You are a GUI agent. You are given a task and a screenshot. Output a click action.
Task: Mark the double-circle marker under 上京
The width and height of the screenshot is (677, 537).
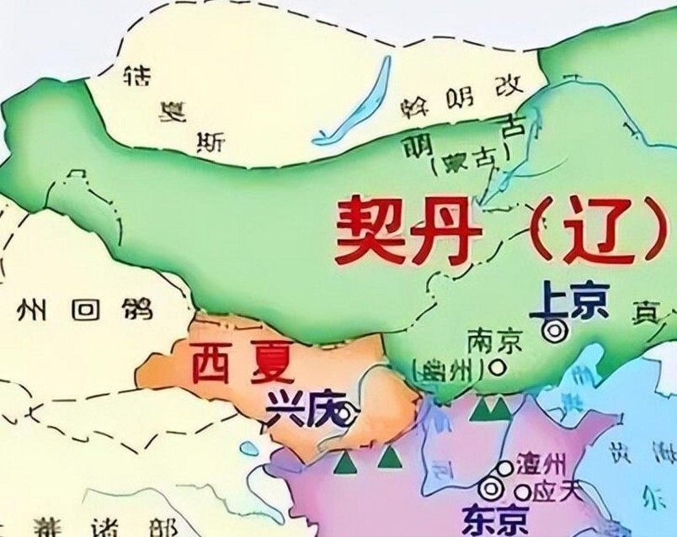553,331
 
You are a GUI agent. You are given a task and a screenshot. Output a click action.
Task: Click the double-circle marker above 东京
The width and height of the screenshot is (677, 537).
489,487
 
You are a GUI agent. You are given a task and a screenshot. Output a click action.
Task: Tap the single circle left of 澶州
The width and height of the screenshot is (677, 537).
504,468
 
